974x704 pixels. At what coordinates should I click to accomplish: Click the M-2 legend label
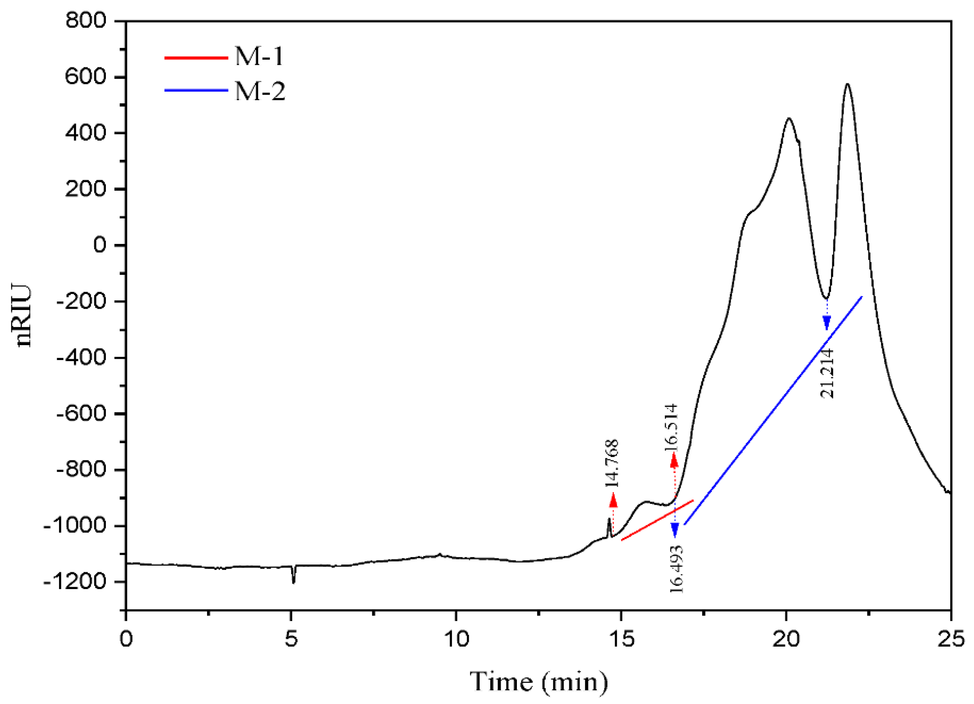click(259, 91)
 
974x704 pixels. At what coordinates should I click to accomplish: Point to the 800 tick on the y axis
click(86, 21)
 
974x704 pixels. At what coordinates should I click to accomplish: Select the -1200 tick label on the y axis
click(74, 582)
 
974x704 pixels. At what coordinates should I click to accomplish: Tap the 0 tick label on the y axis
click(99, 245)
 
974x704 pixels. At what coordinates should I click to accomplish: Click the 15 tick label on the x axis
click(622, 640)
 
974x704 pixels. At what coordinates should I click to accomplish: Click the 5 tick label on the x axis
click(291, 640)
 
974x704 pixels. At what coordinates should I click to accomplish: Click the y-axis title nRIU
click(23, 315)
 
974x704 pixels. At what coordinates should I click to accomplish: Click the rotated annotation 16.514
click(671, 427)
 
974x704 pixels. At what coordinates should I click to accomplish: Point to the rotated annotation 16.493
click(676, 569)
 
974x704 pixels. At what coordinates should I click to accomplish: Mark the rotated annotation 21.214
click(827, 373)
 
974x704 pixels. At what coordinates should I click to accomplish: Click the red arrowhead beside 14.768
click(613, 500)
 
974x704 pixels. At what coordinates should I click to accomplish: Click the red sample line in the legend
click(196, 57)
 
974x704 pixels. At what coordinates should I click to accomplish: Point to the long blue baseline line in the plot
click(773, 410)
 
